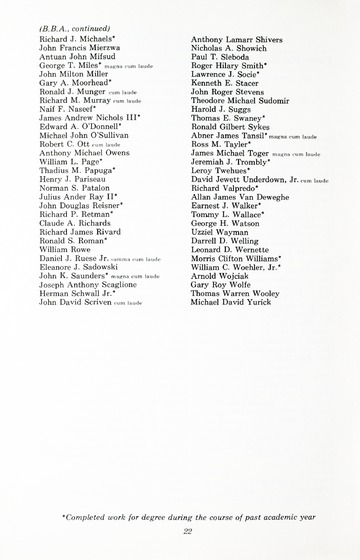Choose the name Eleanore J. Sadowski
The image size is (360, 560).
pos(78,268)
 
